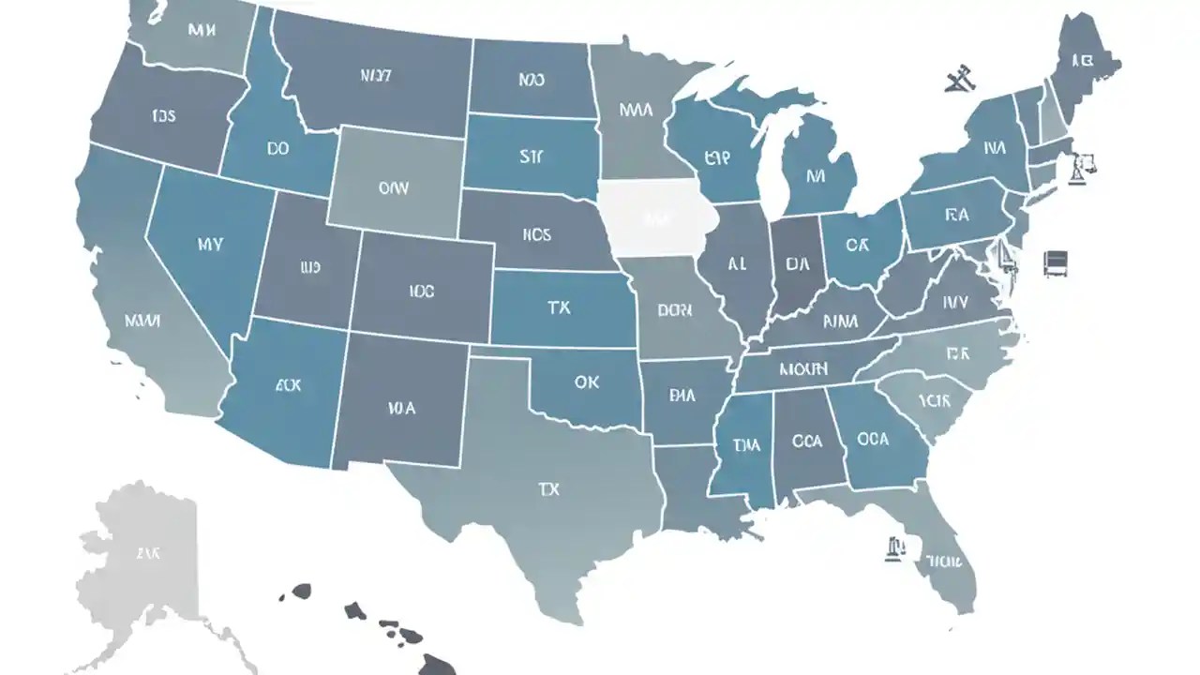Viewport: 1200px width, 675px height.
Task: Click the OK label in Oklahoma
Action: [586, 382]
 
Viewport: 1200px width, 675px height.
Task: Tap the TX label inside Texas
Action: [548, 489]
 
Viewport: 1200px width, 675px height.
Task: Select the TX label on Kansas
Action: [559, 307]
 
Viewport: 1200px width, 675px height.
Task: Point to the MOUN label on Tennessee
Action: [802, 368]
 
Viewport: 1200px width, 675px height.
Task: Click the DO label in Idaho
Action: [277, 148]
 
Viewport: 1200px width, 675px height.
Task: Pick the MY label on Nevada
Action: [210, 245]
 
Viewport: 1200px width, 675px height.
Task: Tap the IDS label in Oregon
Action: [163, 116]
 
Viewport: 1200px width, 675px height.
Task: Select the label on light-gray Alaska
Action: [147, 553]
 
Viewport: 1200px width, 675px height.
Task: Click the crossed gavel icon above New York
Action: [959, 80]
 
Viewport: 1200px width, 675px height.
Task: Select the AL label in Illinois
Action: [737, 264]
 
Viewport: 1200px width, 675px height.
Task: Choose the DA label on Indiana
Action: [798, 263]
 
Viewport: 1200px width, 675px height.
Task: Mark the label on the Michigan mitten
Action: [815, 174]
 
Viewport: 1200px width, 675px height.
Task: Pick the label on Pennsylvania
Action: [956, 215]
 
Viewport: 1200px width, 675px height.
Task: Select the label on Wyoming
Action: [394, 187]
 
